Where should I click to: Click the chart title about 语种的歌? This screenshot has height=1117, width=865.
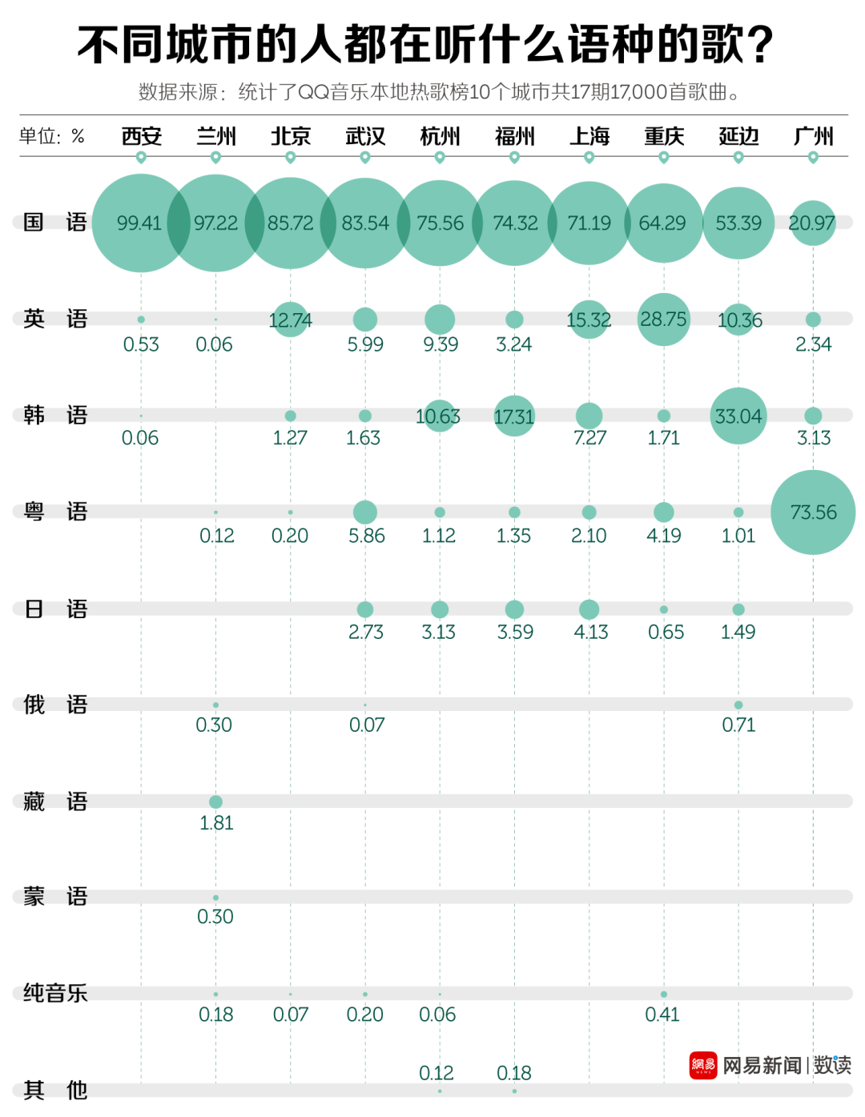425,45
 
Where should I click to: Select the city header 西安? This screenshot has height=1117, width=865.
142,136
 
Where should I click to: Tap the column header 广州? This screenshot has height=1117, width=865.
813,136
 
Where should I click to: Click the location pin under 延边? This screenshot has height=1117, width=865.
738,158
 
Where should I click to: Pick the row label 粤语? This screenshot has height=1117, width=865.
54,512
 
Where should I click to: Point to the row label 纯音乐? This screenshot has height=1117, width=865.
54,993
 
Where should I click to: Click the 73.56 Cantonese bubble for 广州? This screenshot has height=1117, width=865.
813,512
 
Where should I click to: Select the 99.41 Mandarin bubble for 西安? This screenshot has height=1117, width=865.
140,223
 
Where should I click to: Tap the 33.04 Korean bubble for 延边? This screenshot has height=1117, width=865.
738,416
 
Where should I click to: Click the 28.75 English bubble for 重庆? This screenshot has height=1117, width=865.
663,319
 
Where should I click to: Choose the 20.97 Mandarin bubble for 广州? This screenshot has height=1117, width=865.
812,223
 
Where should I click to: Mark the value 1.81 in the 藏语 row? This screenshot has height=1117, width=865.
216,823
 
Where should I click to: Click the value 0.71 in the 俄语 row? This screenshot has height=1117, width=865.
738,725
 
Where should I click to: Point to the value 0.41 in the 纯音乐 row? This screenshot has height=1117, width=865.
662,1015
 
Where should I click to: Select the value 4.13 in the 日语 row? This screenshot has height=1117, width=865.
591,633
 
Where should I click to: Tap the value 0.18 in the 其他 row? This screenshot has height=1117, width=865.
514,1073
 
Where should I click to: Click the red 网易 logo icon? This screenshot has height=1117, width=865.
703,1065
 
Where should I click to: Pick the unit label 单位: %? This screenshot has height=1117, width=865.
52,136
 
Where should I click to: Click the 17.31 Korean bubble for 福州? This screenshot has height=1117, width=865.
514,416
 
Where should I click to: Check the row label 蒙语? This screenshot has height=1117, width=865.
54,897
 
